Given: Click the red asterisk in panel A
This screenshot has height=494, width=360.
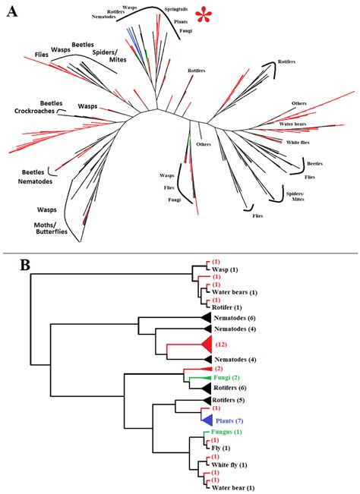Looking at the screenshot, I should [x=203, y=15].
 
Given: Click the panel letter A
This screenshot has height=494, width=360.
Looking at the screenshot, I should [x=13, y=12].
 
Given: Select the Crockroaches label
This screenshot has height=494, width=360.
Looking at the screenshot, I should [x=35, y=112].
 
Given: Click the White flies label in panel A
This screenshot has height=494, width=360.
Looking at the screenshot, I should [x=298, y=143].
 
